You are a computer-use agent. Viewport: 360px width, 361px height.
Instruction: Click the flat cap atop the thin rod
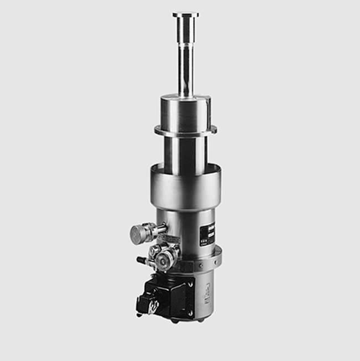(185, 15)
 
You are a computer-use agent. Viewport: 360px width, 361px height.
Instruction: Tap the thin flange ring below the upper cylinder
(186, 131)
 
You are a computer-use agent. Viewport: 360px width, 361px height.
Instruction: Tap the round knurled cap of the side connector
(140, 234)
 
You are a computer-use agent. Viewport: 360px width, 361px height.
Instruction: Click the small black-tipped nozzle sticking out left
(142, 259)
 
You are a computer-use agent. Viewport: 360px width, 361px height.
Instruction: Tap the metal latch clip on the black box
(149, 305)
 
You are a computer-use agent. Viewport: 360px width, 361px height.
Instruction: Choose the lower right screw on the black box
(191, 313)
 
